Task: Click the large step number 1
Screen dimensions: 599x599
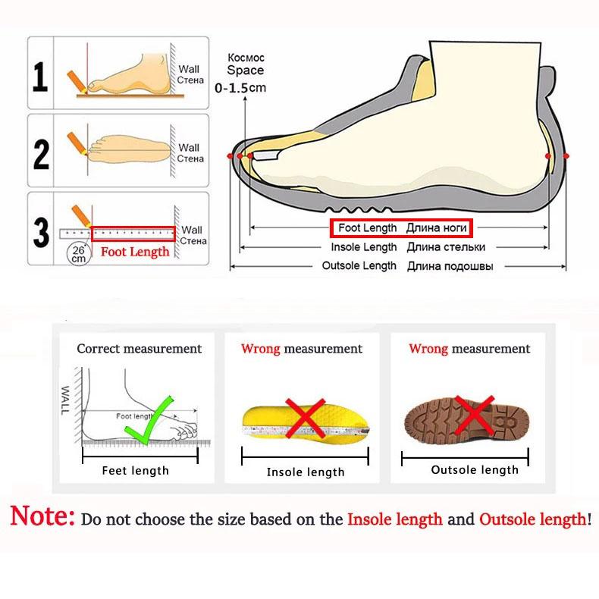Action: click(x=40, y=76)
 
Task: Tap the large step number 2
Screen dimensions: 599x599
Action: click(x=41, y=152)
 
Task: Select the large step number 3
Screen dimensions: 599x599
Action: click(x=41, y=232)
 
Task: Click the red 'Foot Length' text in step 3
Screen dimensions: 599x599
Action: click(x=135, y=252)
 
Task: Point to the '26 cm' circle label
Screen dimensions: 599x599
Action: click(x=79, y=253)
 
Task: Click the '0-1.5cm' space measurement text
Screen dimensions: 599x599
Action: click(x=240, y=88)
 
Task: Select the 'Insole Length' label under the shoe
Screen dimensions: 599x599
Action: click(x=363, y=247)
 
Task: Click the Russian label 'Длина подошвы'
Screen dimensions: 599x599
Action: click(x=450, y=266)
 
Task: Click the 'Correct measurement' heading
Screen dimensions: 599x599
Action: click(x=140, y=349)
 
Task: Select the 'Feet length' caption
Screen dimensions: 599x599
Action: click(x=136, y=471)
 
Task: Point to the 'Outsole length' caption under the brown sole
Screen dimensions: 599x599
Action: click(x=475, y=470)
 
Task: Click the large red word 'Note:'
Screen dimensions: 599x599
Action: click(x=42, y=518)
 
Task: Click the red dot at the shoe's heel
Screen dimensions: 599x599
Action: click(x=548, y=155)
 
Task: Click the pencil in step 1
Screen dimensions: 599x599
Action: click(x=77, y=80)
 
